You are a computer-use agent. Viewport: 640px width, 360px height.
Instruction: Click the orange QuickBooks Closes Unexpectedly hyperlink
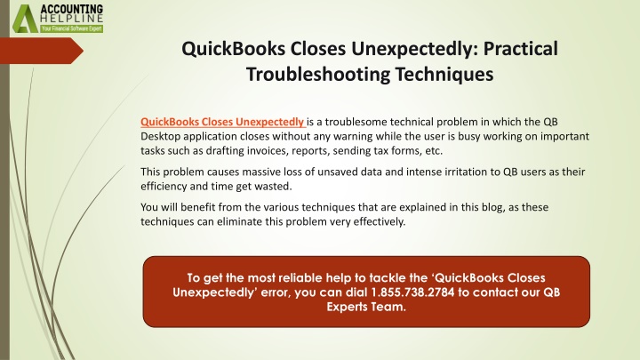222,122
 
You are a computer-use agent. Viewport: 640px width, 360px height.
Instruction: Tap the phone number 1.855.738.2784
412,292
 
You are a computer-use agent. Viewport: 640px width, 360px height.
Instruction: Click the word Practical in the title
520,49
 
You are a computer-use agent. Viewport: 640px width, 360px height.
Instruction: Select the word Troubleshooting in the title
318,75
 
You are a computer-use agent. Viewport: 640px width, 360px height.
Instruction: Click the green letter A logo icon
25,19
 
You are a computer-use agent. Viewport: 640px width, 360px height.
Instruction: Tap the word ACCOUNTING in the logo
72,9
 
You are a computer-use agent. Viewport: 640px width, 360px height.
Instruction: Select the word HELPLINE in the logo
72,19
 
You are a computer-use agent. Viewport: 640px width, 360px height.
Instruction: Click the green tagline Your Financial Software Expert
72,28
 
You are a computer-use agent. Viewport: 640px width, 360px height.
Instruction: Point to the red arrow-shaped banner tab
42,51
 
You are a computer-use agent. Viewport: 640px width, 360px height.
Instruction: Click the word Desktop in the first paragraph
160,136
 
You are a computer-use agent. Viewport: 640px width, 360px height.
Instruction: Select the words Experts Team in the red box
366,307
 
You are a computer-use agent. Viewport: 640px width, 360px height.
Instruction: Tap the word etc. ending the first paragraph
434,150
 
